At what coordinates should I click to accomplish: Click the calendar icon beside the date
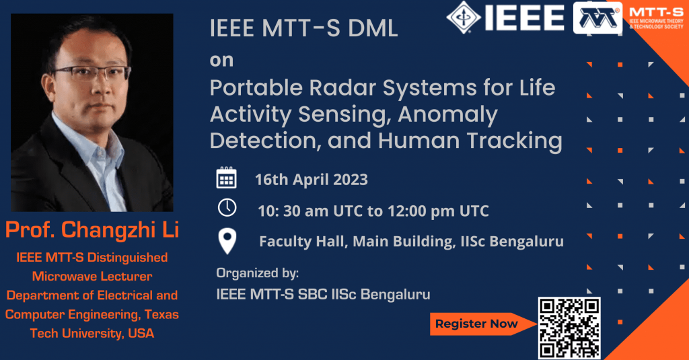pyautogui.click(x=226, y=178)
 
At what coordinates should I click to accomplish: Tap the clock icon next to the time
pyautogui.click(x=227, y=209)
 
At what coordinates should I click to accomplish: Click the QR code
pyautogui.click(x=569, y=328)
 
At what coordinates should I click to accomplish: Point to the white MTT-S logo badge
pyautogui.click(x=597, y=18)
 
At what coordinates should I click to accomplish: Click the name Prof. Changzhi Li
pyautogui.click(x=92, y=230)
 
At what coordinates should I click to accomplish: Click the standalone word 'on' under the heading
pyautogui.click(x=221, y=60)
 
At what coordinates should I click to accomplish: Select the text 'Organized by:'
pyautogui.click(x=257, y=273)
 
